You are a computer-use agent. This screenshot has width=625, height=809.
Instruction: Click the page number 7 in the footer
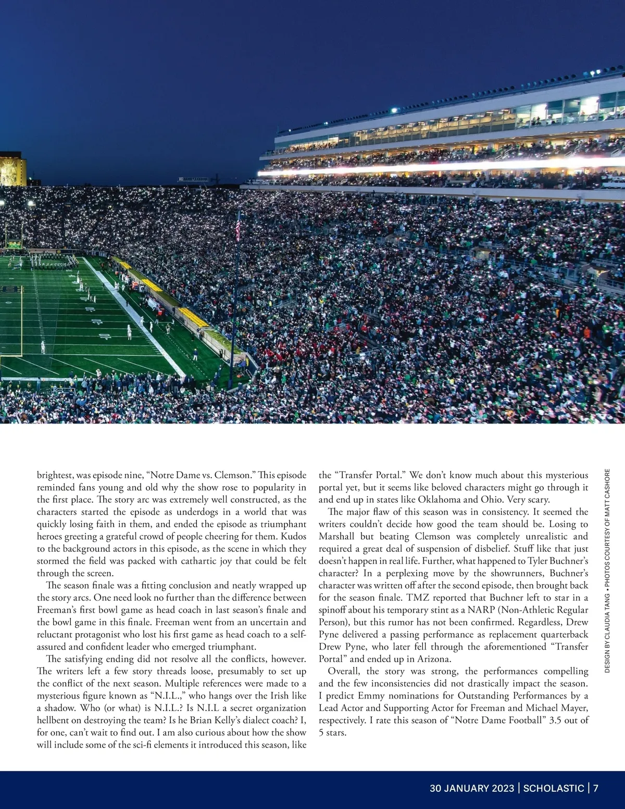click(595, 788)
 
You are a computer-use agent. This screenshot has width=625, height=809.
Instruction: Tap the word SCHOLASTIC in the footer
click(554, 788)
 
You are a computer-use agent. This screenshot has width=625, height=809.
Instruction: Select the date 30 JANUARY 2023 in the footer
click(472, 788)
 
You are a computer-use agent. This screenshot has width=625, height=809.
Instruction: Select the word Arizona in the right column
click(434, 659)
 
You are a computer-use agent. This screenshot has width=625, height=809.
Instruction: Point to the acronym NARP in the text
click(480, 609)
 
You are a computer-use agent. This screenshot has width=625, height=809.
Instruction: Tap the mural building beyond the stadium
click(12, 169)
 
